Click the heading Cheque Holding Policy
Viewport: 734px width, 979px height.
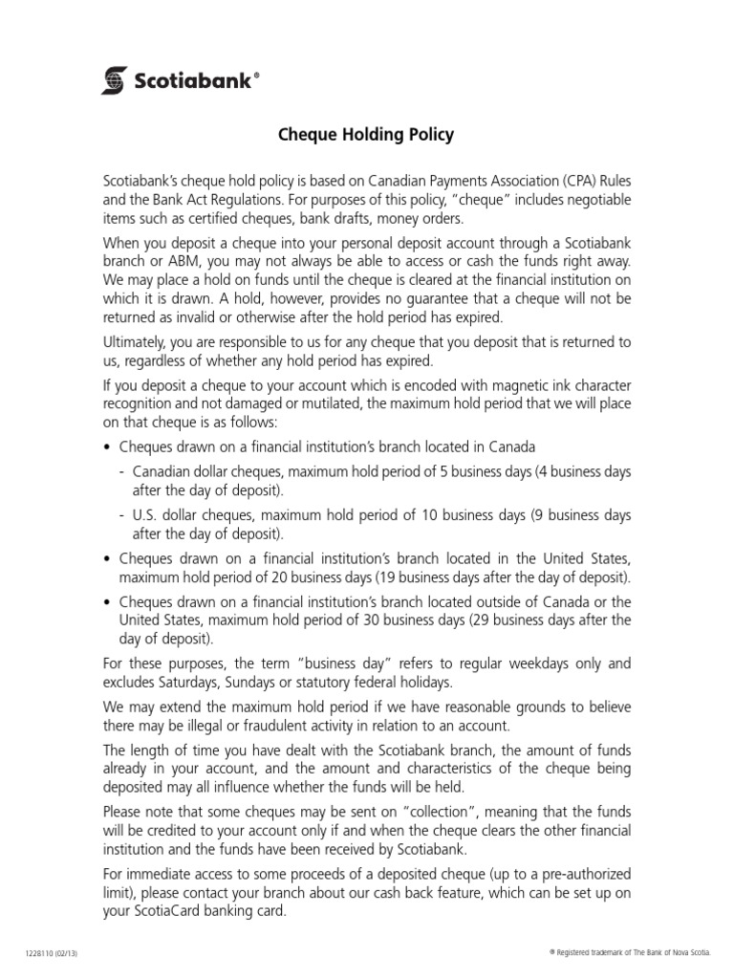pos(366,135)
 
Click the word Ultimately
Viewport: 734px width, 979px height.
pos(136,341)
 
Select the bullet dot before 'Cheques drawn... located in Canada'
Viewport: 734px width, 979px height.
pos(107,446)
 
